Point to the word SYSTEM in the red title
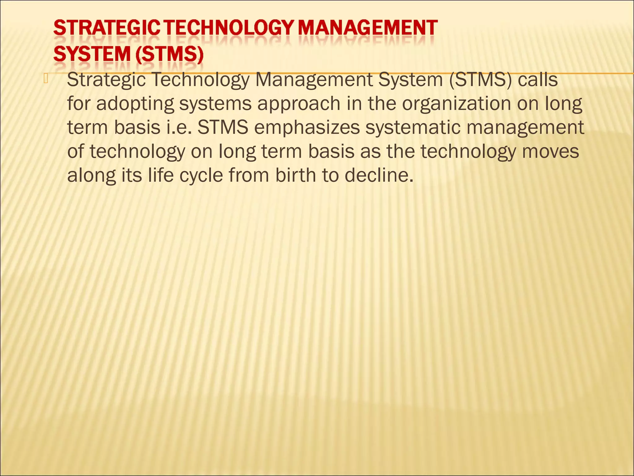coord(92,55)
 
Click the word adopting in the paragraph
coord(135,104)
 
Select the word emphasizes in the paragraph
coord(307,127)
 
